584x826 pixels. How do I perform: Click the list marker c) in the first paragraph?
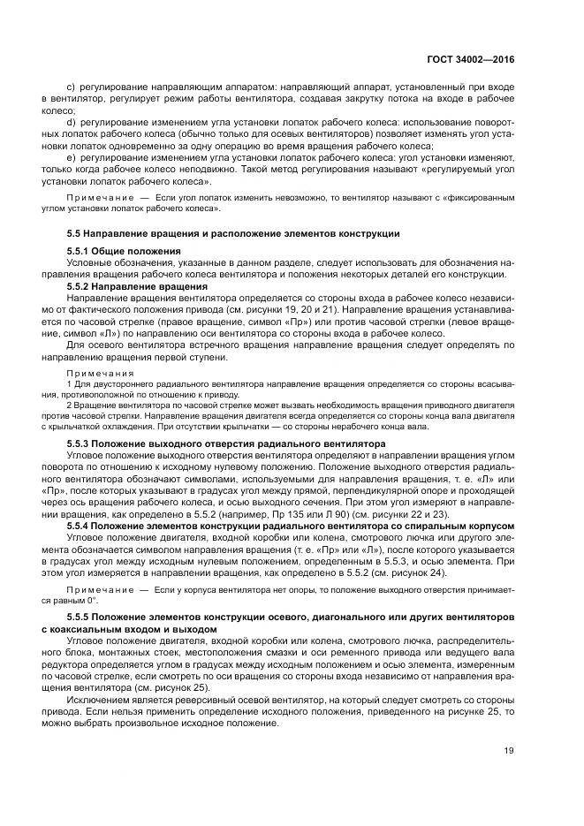click(x=71, y=89)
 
